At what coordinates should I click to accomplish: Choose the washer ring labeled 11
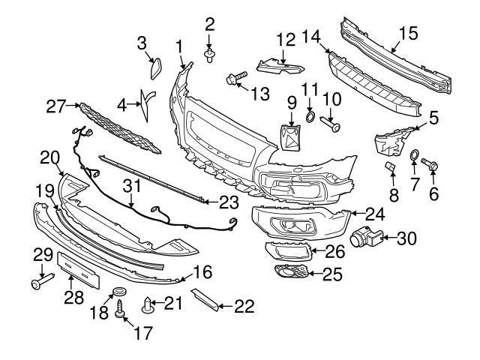coord(310,116)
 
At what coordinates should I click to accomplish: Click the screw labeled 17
coord(119,307)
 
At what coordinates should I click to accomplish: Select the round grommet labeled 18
coord(118,292)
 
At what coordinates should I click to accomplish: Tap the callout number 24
coord(374,214)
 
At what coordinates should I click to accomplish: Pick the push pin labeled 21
coord(148,304)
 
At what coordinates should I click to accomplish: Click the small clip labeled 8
coord(390,166)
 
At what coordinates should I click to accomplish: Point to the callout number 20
coord(49,157)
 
